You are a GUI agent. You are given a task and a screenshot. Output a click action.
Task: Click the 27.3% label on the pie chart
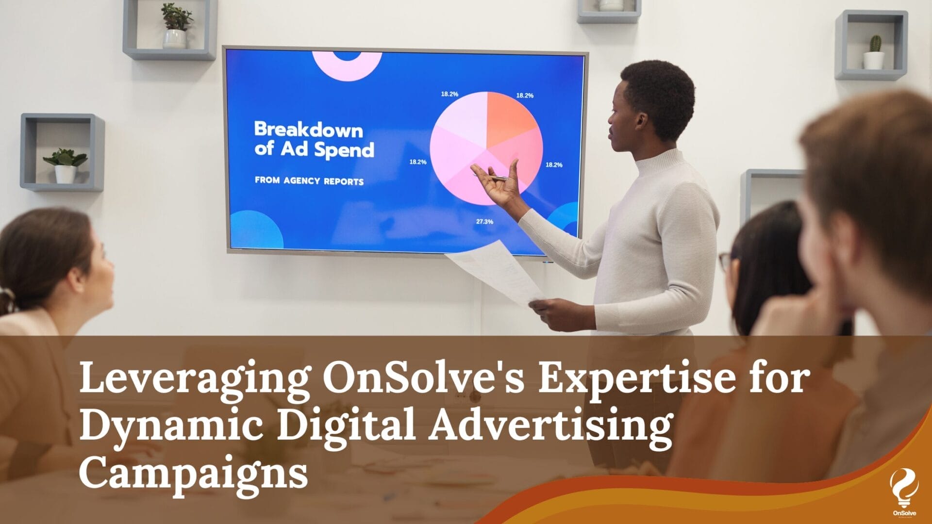point(484,222)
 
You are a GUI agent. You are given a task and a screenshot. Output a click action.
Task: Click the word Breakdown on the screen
point(309,130)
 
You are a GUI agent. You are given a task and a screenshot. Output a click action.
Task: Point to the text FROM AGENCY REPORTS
point(309,181)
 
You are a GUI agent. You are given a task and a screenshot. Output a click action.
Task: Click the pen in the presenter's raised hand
point(490,177)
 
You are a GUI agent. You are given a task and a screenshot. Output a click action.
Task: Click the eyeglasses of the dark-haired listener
point(725,262)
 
